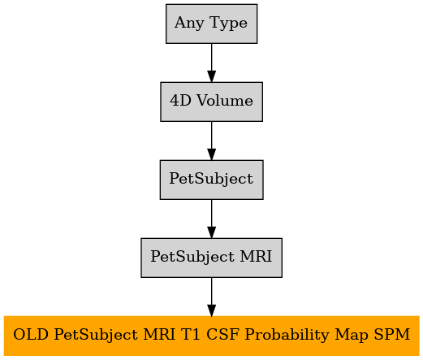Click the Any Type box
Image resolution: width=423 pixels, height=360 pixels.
pyautogui.click(x=211, y=24)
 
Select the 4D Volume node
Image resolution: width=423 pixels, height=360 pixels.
pyautogui.click(x=211, y=102)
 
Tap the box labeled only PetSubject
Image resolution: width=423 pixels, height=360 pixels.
pyautogui.click(x=211, y=180)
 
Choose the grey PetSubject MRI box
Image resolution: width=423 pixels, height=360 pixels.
pyautogui.click(x=211, y=258)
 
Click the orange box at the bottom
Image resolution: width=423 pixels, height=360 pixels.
pyautogui.click(x=211, y=336)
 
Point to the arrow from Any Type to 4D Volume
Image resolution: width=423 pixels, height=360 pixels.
pyautogui.click(x=211, y=63)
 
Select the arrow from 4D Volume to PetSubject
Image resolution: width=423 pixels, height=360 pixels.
pyautogui.click(x=211, y=141)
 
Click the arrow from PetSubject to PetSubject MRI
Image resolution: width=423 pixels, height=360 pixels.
pyautogui.click(x=211, y=219)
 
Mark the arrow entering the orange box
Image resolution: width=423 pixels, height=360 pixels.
pyautogui.click(x=211, y=297)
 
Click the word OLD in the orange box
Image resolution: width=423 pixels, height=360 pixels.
pyautogui.click(x=31, y=334)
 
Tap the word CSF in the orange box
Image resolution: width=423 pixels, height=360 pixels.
pyautogui.click(x=222, y=334)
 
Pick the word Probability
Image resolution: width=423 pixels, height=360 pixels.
pyautogui.click(x=287, y=336)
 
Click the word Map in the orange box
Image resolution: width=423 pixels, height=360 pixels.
pyautogui.click(x=352, y=336)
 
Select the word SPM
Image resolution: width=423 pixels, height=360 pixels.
pyautogui.click(x=392, y=334)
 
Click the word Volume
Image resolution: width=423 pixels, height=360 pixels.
pyautogui.click(x=225, y=101)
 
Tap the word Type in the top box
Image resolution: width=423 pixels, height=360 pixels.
pyautogui.click(x=228, y=24)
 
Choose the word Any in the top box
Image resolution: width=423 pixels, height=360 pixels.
pyautogui.click(x=189, y=24)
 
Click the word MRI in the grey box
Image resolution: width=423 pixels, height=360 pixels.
pyautogui.click(x=256, y=256)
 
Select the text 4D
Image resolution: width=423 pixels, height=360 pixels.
pyautogui.click(x=180, y=101)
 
